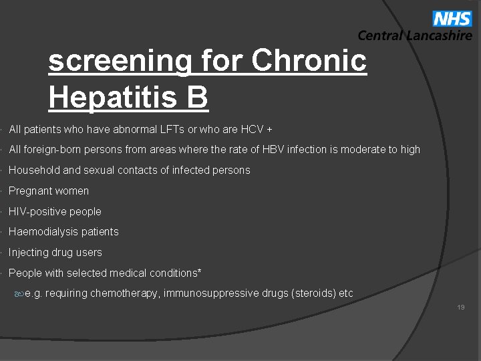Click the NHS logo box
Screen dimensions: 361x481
click(452, 18)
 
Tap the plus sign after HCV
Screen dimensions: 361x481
click(269, 129)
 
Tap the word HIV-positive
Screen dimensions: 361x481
click(37, 212)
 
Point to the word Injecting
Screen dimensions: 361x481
click(30, 253)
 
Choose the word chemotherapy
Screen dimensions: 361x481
click(123, 293)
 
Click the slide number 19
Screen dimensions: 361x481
click(461, 308)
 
